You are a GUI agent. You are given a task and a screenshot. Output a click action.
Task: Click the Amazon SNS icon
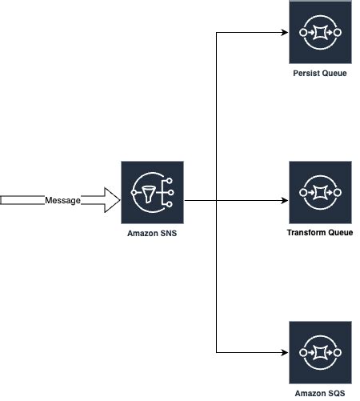click(152, 192)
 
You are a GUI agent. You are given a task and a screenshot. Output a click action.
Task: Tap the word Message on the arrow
click(62, 200)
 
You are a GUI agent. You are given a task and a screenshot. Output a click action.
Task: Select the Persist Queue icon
click(319, 33)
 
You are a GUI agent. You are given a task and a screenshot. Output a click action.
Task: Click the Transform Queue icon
click(319, 192)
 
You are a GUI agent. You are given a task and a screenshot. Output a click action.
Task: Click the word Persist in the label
click(306, 73)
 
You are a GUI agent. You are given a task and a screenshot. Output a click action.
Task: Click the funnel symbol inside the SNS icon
click(148, 193)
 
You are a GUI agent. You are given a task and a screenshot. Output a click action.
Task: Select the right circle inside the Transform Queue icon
click(337, 192)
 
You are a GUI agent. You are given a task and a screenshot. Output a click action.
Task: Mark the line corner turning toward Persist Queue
click(217, 33)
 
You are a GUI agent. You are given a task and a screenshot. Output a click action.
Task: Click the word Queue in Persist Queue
click(334, 73)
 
